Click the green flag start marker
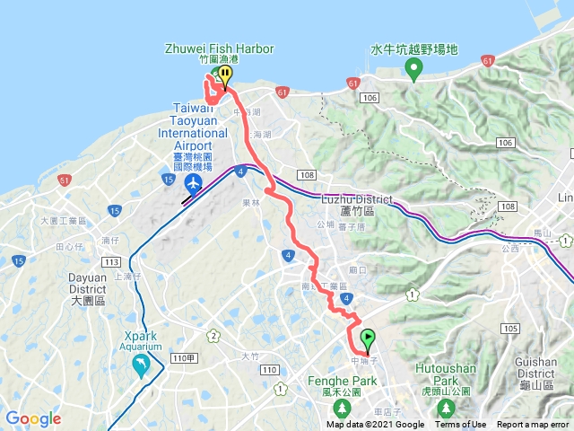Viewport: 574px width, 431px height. click(x=368, y=339)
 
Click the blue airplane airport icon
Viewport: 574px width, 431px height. click(x=193, y=184)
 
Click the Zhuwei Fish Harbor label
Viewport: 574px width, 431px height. click(x=219, y=48)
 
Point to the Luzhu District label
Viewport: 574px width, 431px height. click(x=357, y=198)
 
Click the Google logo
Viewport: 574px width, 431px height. click(x=32, y=418)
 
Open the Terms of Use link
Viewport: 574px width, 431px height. click(x=461, y=425)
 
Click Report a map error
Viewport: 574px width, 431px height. click(x=535, y=425)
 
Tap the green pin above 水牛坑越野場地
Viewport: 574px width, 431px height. click(x=413, y=72)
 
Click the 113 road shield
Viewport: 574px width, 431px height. click(x=111, y=262)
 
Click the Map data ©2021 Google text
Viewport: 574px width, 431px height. click(x=375, y=425)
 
